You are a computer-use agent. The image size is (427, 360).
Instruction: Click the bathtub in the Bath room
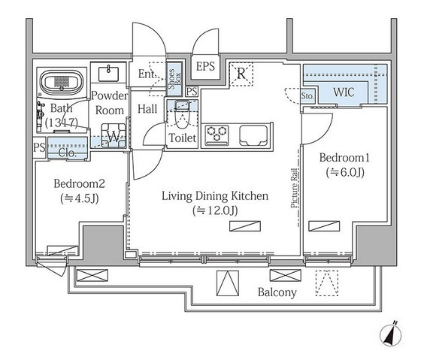tap(62, 81)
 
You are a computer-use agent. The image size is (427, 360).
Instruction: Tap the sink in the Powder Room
tap(108, 74)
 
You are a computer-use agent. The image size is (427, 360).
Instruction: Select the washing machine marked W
tap(114, 135)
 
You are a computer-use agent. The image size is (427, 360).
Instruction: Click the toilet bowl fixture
tap(182, 114)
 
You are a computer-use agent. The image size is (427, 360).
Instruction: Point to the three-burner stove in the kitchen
tap(217, 135)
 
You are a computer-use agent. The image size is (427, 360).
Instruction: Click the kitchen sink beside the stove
tap(253, 135)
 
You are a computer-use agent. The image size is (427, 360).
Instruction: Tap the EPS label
tap(205, 66)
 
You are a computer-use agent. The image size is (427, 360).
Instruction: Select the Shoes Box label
tap(174, 79)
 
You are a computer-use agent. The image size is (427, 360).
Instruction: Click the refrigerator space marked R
tap(241, 74)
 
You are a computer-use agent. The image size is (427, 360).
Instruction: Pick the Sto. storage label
tap(307, 96)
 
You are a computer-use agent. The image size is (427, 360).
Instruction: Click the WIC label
tap(344, 92)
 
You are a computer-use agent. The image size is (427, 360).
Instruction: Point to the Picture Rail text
tap(294, 188)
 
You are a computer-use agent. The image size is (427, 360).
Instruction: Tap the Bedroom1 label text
tap(344, 158)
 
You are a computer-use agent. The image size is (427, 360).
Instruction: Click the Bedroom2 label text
tap(79, 183)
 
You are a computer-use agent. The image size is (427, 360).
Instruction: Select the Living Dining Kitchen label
tap(215, 196)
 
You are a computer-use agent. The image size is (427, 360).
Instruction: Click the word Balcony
tap(277, 292)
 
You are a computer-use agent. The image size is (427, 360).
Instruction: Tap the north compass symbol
tap(391, 334)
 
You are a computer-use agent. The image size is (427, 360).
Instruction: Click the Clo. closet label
tap(67, 153)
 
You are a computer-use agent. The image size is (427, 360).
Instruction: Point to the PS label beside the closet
tap(39, 147)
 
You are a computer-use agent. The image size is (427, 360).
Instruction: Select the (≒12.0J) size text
tap(215, 210)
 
